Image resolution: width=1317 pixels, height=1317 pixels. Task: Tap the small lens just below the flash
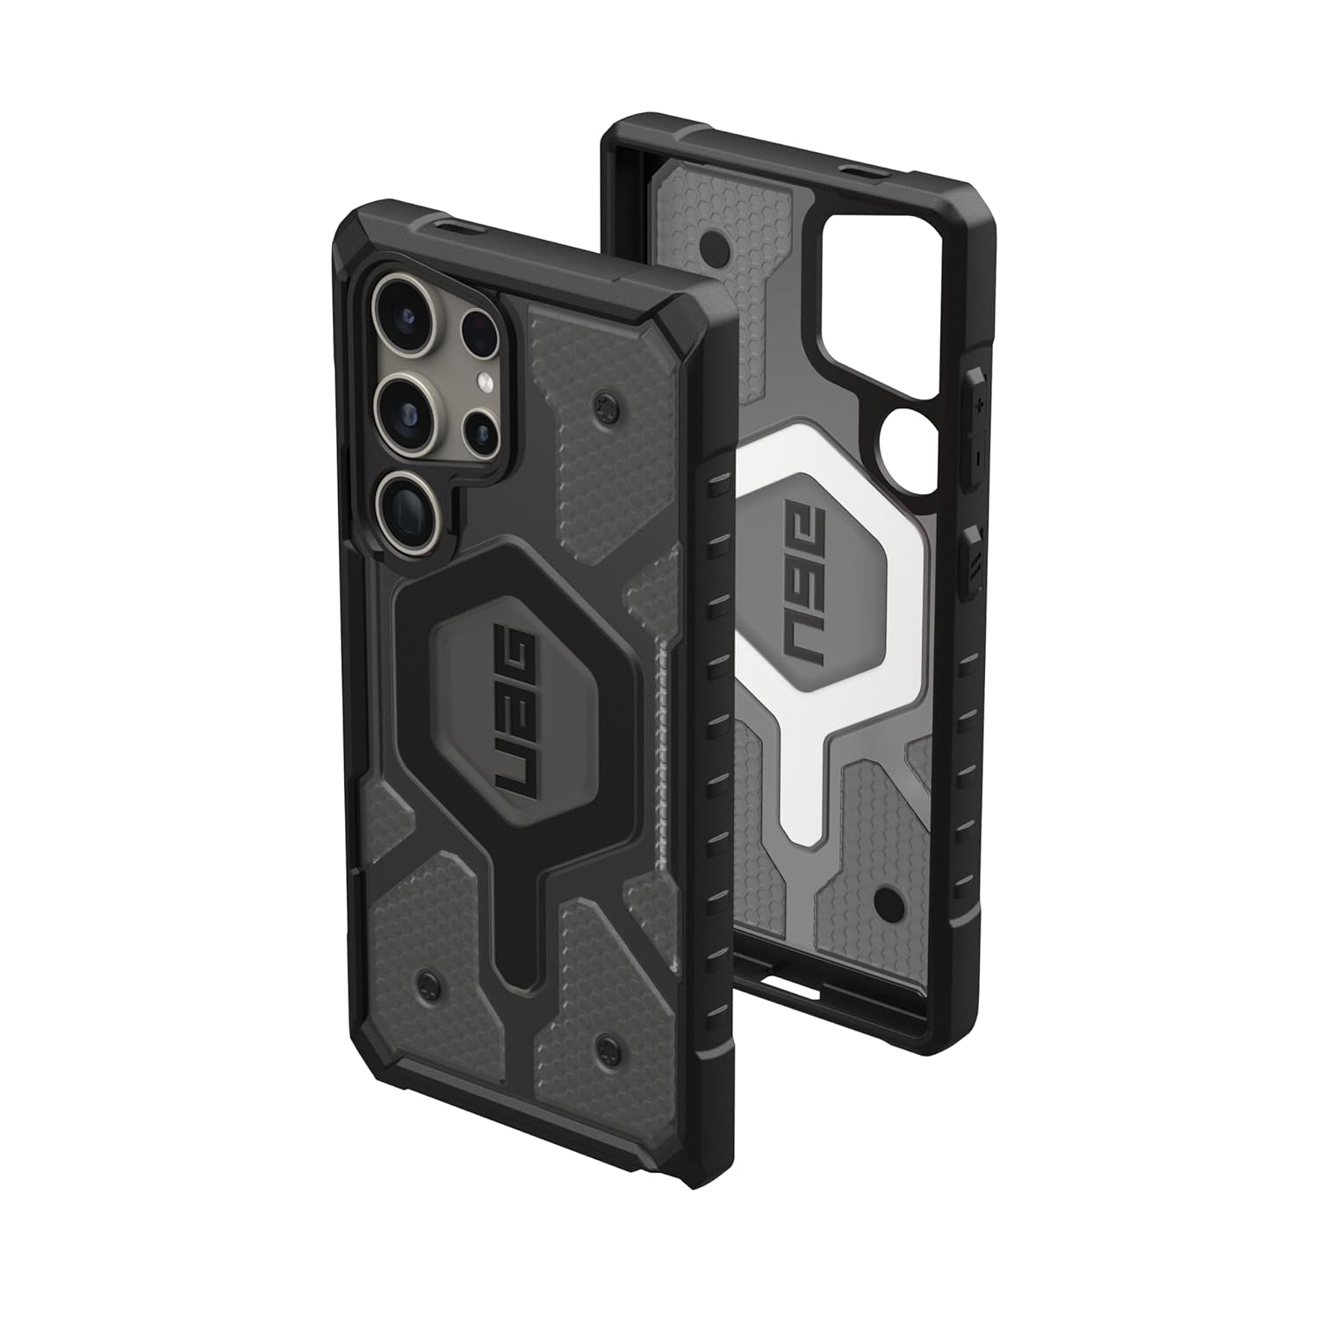pyautogui.click(x=480, y=430)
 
